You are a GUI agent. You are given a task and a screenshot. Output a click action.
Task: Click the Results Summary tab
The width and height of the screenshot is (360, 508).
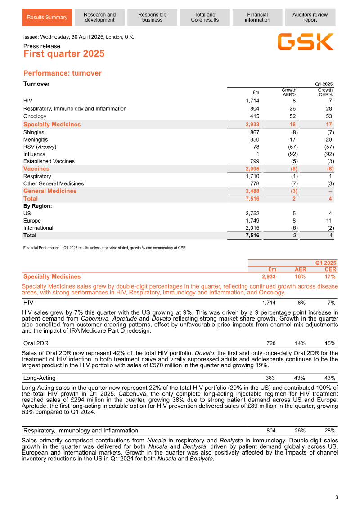click(47, 18)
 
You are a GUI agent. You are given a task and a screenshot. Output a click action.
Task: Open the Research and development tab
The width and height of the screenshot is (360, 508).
click(99, 18)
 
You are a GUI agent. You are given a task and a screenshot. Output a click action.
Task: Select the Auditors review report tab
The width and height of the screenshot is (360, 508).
click(310, 18)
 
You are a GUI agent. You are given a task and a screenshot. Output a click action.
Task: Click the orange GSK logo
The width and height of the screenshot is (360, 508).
click(306, 42)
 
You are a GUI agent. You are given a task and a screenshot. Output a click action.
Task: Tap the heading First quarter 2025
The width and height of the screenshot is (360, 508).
click(64, 54)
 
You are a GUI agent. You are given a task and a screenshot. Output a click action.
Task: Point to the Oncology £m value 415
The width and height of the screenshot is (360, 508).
click(254, 116)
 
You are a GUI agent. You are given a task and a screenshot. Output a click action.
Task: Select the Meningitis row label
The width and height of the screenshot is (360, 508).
click(36, 140)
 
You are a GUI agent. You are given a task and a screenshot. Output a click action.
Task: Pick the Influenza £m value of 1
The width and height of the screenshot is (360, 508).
click(257, 154)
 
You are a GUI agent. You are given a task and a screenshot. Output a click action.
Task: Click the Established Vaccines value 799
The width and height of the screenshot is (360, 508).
click(254, 161)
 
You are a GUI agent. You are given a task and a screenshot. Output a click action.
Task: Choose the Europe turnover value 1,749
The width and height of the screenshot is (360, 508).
click(252, 221)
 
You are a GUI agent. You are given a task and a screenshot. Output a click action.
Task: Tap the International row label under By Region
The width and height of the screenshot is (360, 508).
click(38, 228)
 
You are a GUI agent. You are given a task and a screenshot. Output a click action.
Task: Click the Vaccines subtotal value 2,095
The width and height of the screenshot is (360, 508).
click(252, 169)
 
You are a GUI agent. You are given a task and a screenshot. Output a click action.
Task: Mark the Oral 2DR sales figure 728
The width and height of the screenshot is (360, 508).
click(271, 343)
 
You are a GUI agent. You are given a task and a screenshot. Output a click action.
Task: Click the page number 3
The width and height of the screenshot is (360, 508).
click(336, 497)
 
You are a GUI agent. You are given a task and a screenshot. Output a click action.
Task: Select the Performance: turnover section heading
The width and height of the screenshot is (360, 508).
click(63, 73)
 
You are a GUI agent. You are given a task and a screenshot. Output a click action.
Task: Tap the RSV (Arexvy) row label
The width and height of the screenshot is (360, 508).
click(40, 147)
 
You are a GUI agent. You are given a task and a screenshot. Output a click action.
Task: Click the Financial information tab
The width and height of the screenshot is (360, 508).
click(257, 18)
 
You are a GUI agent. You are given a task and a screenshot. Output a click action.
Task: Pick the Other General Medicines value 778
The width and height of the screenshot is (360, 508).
click(254, 183)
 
